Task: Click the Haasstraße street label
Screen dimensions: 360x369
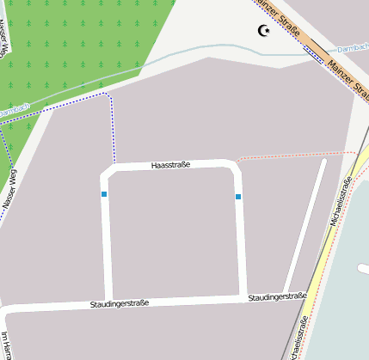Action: (x=169, y=163)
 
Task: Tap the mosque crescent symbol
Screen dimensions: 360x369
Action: (x=264, y=32)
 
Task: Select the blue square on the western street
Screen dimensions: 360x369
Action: (x=104, y=195)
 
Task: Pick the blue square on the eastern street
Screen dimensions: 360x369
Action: (x=238, y=197)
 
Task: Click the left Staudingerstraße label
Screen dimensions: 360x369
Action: (x=120, y=303)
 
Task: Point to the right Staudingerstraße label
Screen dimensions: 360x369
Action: (x=277, y=296)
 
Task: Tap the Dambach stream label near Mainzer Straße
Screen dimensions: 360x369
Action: (x=353, y=48)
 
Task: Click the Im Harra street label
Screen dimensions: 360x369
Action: (x=6, y=345)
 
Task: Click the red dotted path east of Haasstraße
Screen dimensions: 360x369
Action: (x=292, y=156)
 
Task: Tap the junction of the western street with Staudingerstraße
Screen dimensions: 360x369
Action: (x=108, y=300)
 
